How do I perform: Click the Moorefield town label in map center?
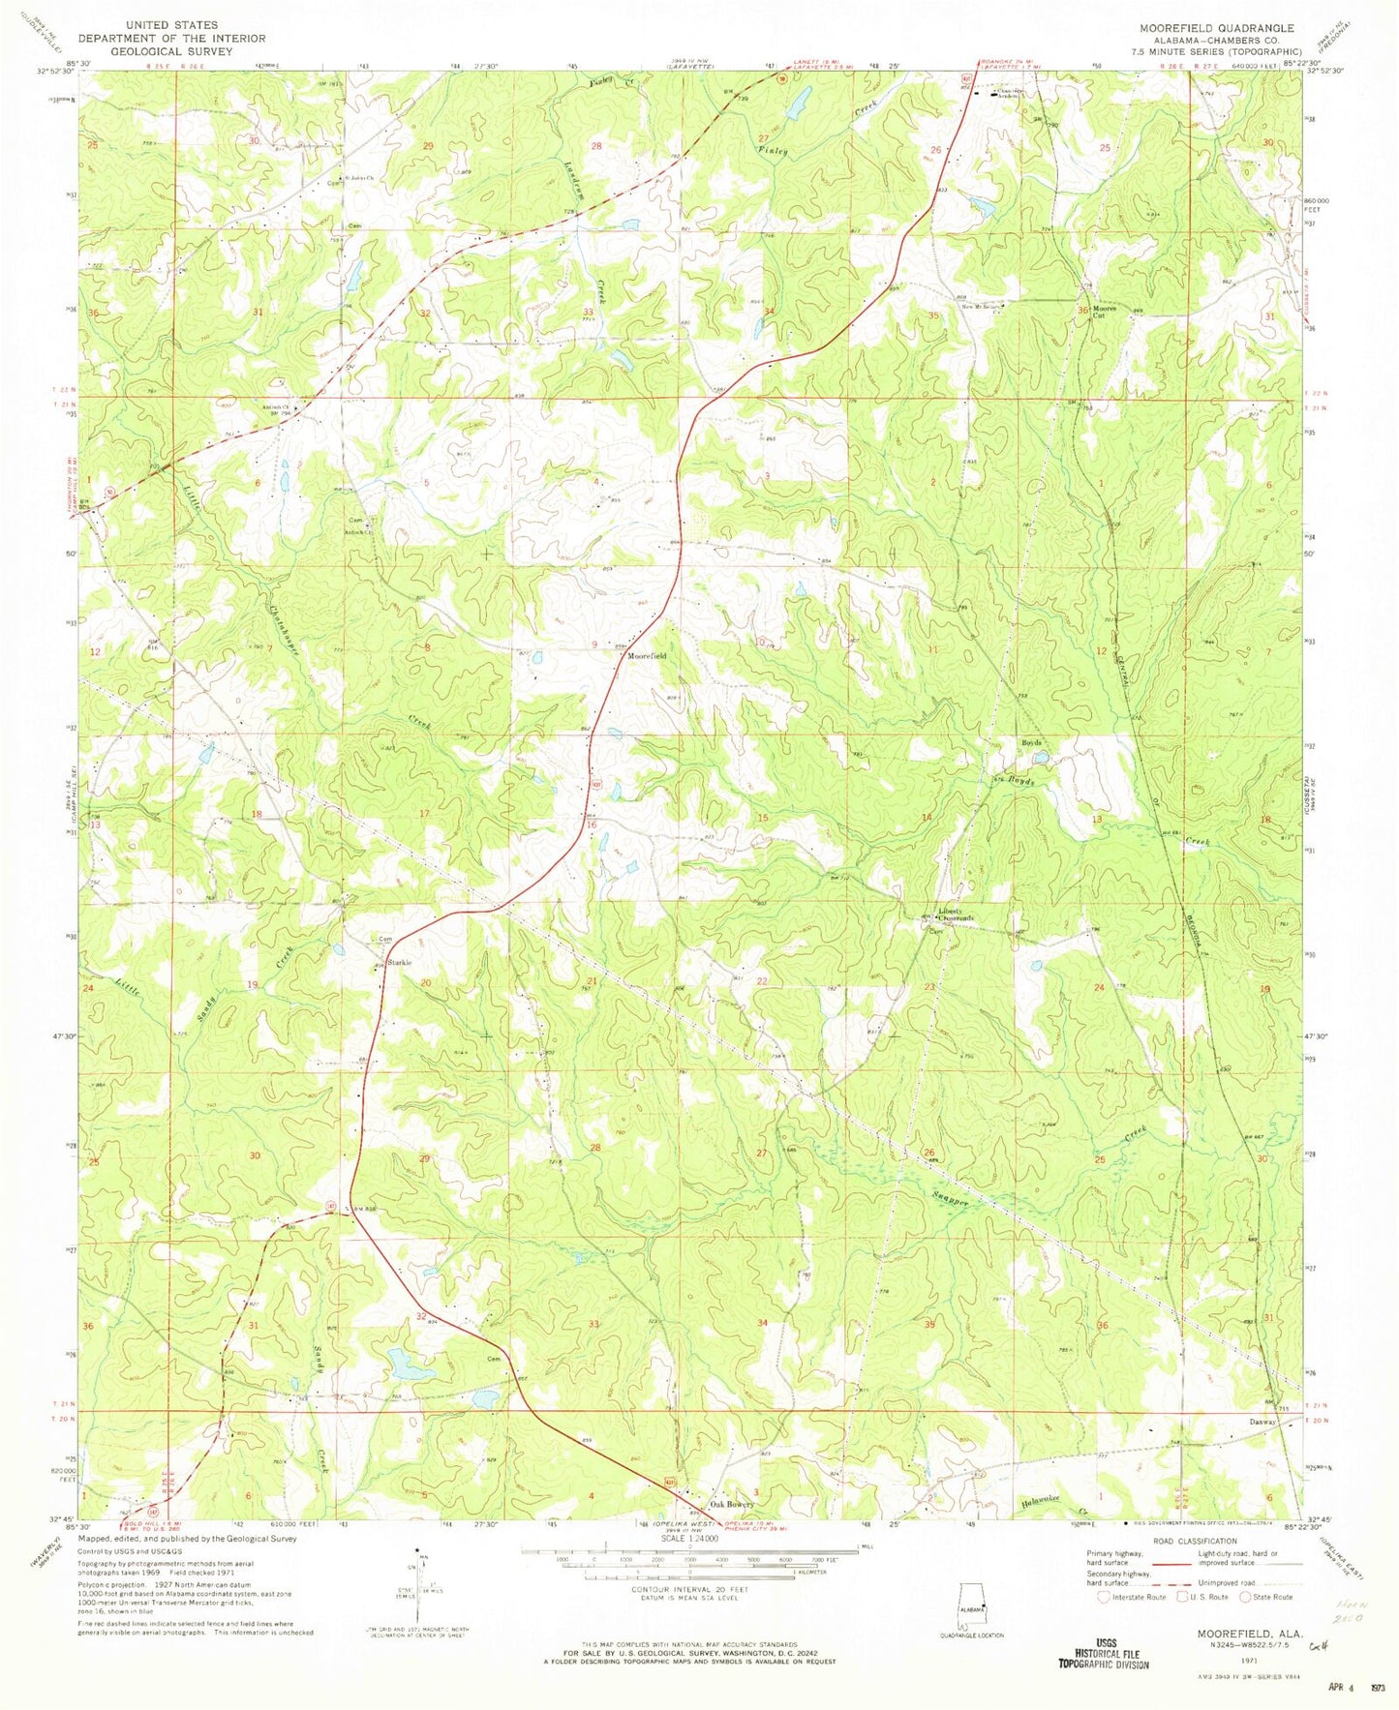[x=647, y=656]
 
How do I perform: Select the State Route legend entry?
[x=1271, y=1597]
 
